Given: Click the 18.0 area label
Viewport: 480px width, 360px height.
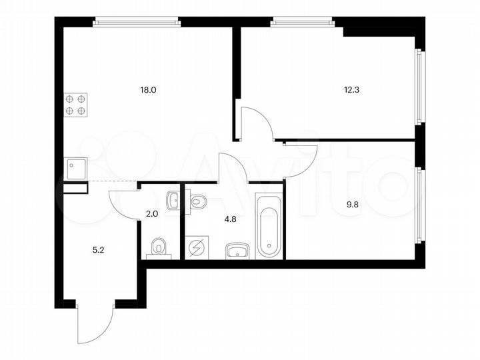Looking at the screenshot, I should click(148, 89).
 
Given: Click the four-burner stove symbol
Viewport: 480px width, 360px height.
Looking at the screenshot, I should click(75, 105).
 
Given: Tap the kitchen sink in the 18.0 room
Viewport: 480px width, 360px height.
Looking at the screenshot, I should click(75, 169).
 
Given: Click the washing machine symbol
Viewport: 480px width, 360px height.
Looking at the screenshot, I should click(197, 249).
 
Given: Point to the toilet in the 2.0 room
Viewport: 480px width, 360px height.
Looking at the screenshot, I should click(159, 247).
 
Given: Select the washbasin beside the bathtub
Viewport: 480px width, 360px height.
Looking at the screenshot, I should click(237, 251).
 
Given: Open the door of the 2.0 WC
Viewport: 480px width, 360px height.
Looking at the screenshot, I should click(123, 203).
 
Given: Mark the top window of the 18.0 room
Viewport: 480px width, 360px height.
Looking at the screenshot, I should click(137, 21).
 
